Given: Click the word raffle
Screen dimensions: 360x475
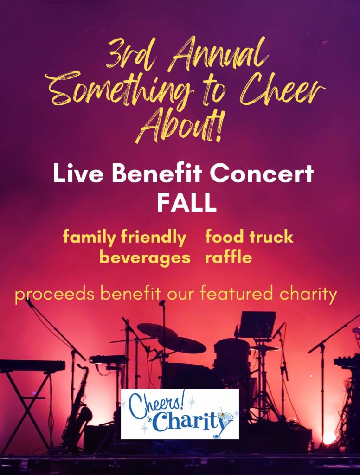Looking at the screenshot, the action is pyautogui.click(x=229, y=257).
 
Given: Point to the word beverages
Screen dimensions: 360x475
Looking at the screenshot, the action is pyautogui.click(x=145, y=258).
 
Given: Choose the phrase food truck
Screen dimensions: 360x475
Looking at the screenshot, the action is pyautogui.click(x=250, y=237).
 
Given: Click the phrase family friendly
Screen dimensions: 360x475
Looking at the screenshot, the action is pyautogui.click(x=124, y=238).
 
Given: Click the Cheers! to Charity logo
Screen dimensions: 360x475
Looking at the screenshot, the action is pyautogui.click(x=180, y=414).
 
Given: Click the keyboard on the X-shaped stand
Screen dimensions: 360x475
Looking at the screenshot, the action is pyautogui.click(x=32, y=366).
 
